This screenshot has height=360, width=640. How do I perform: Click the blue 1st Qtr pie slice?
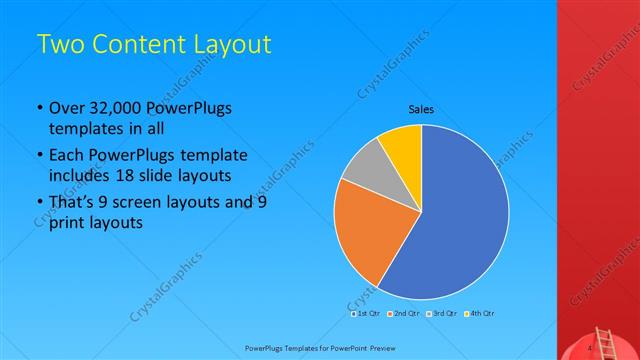click(460, 220)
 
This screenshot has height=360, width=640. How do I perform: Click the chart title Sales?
click(420, 109)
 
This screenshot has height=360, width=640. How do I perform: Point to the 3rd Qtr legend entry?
click(440, 313)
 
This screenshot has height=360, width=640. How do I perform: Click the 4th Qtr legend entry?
click(478, 313)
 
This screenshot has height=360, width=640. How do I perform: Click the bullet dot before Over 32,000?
click(39, 109)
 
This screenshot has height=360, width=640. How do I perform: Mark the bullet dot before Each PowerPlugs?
click(39, 156)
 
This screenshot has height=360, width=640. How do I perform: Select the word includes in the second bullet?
click(77, 177)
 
